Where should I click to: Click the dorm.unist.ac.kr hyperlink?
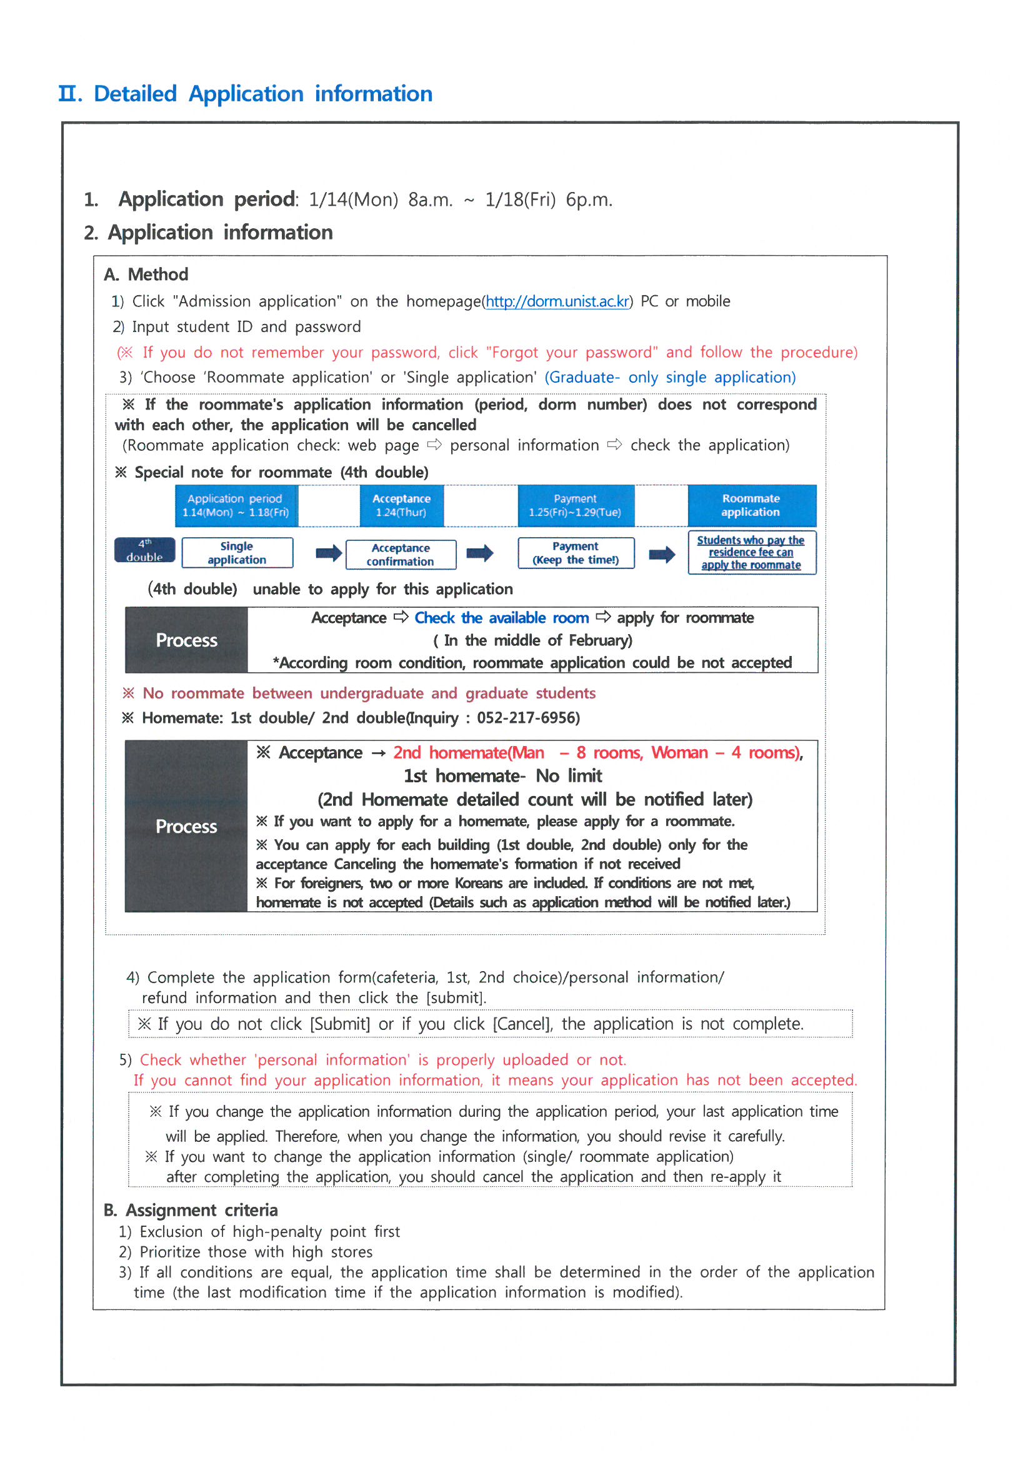557,302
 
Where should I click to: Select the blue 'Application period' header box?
236,506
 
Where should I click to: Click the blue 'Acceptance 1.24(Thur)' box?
401,506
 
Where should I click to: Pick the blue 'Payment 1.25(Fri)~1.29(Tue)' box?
576,506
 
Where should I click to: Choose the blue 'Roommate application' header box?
751,506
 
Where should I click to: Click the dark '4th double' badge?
144,550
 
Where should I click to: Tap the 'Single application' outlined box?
237,553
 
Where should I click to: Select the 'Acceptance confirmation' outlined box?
401,555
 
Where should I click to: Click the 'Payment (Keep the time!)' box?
576,553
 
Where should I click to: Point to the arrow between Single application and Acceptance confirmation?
329,553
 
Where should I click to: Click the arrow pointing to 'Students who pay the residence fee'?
662,554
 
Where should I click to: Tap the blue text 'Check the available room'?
502,618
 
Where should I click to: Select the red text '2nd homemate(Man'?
469,753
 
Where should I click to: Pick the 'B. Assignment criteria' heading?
191,1210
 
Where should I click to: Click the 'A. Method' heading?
146,275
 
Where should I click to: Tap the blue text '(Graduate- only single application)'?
669,378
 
